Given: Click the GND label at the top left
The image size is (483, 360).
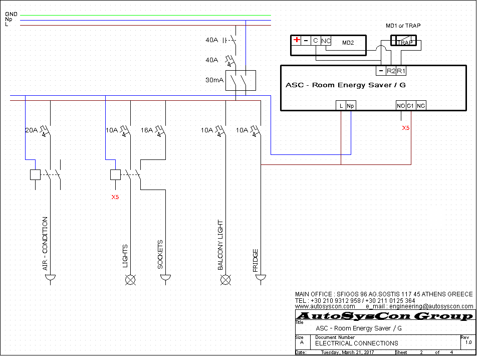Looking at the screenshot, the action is click(x=11, y=14).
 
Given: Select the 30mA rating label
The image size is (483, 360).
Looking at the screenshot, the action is click(x=214, y=80).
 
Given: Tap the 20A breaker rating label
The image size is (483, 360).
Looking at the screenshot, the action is click(x=31, y=130).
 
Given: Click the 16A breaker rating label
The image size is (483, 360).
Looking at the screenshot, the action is click(x=147, y=130).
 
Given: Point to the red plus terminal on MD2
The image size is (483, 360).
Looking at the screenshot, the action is click(x=297, y=40).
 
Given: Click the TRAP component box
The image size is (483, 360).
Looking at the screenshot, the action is click(x=403, y=41).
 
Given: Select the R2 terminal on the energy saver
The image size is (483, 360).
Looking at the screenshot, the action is click(x=391, y=71).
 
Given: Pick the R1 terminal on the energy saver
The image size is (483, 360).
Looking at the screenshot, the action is click(x=401, y=71).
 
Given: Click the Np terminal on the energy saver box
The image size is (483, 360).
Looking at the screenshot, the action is click(x=351, y=106).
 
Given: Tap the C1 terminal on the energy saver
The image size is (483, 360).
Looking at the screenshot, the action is click(x=411, y=106).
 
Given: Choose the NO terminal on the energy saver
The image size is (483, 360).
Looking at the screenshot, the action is click(x=401, y=106).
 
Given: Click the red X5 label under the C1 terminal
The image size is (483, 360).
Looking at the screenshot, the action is click(x=406, y=128).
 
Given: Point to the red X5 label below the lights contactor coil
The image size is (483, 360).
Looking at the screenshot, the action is click(x=115, y=197).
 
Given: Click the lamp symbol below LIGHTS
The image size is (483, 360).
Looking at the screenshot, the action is click(x=130, y=280).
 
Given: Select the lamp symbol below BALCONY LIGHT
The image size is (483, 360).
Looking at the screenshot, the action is click(x=226, y=280).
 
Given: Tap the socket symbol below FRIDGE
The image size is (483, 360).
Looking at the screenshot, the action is click(x=261, y=278).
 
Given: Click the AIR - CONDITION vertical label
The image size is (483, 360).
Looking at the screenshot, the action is click(x=45, y=244).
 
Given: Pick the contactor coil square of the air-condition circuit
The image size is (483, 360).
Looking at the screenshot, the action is click(x=36, y=175).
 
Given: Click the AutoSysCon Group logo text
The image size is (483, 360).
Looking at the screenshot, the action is click(x=385, y=316).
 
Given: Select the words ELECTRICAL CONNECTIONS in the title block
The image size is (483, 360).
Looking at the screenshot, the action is click(x=356, y=343).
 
